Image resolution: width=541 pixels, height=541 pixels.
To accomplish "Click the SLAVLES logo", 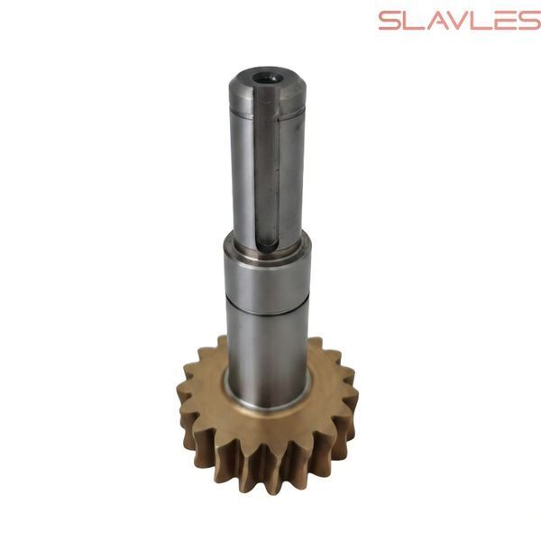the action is [x=460, y=21].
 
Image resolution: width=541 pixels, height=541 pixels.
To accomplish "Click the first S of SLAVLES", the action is [x=390, y=21].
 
